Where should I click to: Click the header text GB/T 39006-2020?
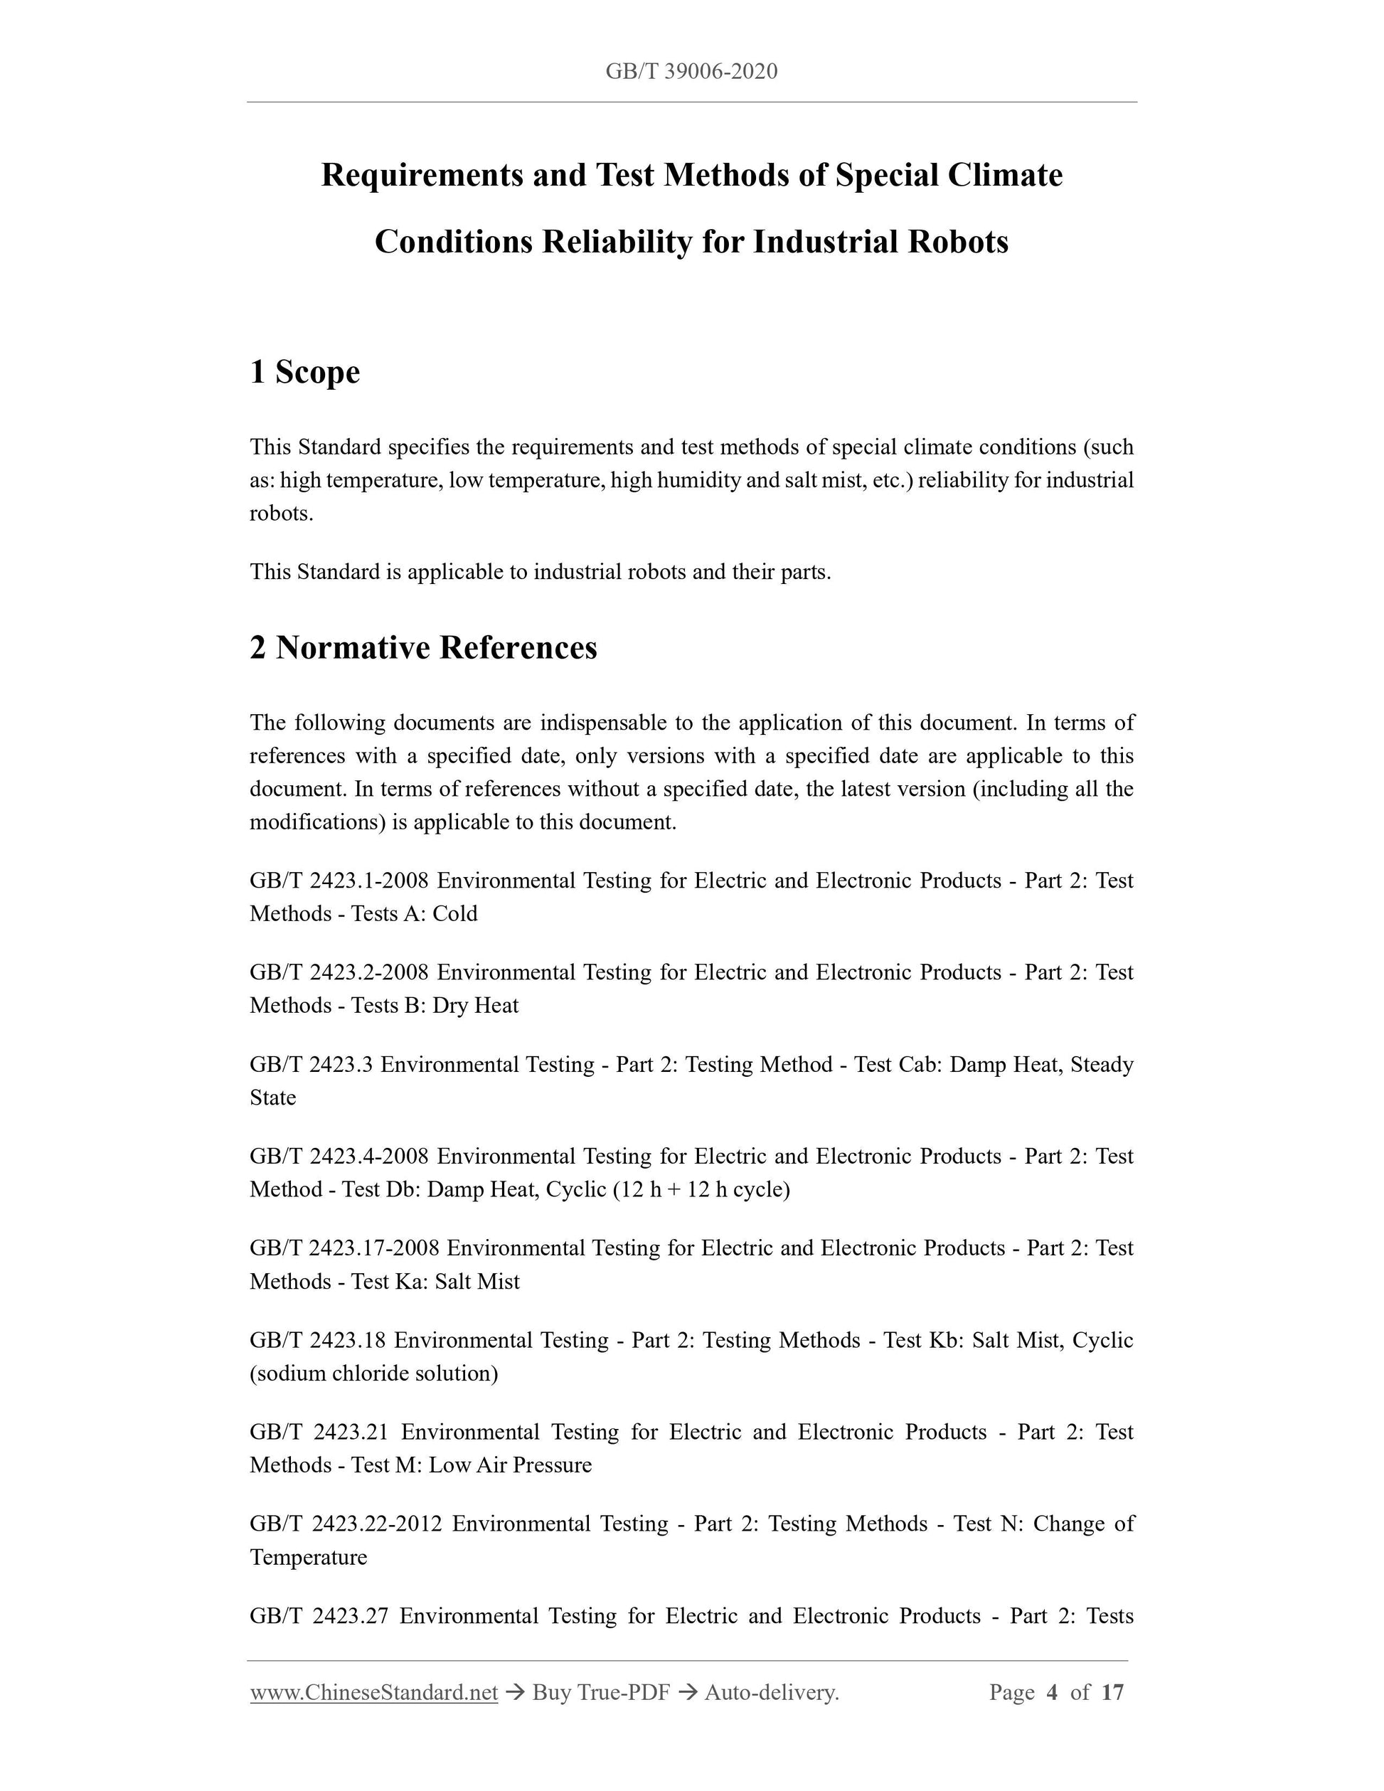pyautogui.click(x=691, y=72)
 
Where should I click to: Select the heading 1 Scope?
pyautogui.click(x=305, y=372)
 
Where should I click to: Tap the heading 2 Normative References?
pyautogui.click(x=423, y=648)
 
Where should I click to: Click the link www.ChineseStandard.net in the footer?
pyautogui.click(x=374, y=1691)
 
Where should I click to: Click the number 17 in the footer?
pyautogui.click(x=1112, y=1691)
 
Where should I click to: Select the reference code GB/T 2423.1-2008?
pyautogui.click(x=339, y=881)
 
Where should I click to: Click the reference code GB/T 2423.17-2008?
pyautogui.click(x=344, y=1248)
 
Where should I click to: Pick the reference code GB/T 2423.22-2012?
pyautogui.click(x=345, y=1524)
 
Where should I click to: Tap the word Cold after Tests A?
pyautogui.click(x=454, y=913)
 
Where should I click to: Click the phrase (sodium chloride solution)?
pyautogui.click(x=374, y=1373)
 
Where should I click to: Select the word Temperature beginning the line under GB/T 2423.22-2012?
pyautogui.click(x=308, y=1556)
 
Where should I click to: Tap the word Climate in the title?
pyautogui.click(x=1005, y=176)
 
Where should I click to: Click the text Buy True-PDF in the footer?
pyautogui.click(x=601, y=1691)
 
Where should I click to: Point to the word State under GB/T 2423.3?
pyautogui.click(x=272, y=1098)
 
